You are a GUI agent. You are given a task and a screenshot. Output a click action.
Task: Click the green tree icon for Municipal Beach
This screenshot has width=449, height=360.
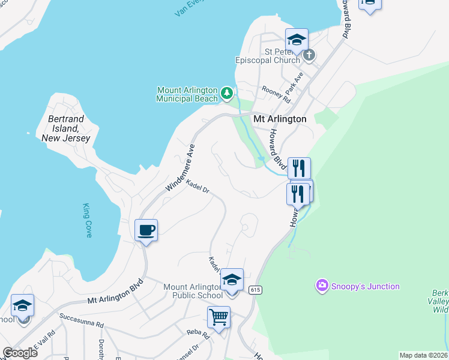pyautogui.click(x=226, y=92)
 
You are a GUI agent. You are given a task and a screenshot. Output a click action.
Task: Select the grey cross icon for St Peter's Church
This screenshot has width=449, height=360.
pyautogui.click(x=309, y=56)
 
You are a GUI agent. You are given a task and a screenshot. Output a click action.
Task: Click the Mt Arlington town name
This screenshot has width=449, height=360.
pyautogui.click(x=280, y=119)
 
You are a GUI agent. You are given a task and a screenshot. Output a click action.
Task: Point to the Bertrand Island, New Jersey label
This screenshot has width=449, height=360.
pyautogui.click(x=66, y=128)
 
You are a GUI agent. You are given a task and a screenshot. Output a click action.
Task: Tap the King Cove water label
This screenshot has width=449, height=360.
pyautogui.click(x=88, y=220)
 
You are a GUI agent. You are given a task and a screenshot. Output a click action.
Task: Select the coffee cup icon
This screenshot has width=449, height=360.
pyautogui.click(x=146, y=230)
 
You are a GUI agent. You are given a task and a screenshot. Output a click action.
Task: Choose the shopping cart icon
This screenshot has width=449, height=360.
pyautogui.click(x=218, y=316)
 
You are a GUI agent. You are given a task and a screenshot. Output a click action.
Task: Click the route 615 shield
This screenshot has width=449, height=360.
pyautogui.click(x=256, y=290)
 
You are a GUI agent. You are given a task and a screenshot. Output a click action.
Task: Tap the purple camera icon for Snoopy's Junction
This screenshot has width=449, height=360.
pyautogui.click(x=322, y=286)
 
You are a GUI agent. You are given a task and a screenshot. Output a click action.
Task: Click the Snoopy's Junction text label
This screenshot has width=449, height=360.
pyautogui.click(x=364, y=286)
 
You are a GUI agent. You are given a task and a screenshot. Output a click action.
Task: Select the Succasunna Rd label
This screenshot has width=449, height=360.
pyautogui.click(x=81, y=320)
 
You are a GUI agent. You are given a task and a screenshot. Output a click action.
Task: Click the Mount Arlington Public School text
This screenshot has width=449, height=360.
pyautogui.click(x=193, y=291)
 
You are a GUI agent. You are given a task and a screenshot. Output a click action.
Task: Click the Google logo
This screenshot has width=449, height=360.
pyautogui.click(x=20, y=352)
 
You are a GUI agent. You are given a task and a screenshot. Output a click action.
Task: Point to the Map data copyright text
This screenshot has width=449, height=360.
pyautogui.click(x=423, y=355)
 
